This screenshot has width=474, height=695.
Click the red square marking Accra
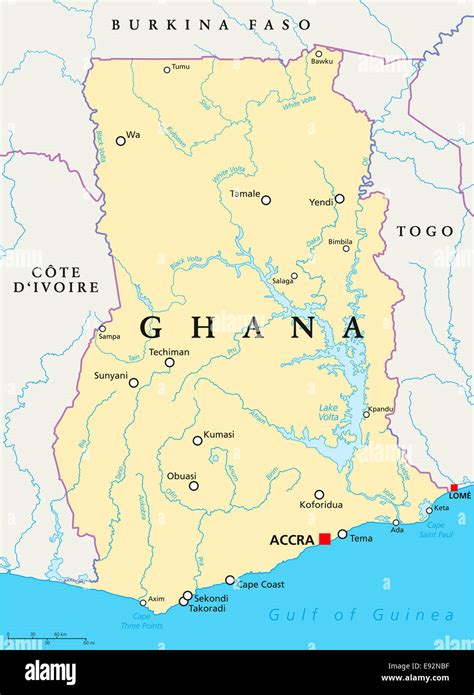pos(324,539)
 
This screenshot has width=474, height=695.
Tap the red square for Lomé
pos(454,488)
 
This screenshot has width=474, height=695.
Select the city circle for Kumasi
pos(198,440)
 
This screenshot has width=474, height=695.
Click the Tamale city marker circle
pos(266,200)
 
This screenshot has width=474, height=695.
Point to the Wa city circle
pos(121,141)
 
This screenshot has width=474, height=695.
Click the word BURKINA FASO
pos(211,23)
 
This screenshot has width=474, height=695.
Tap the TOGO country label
pos(425,231)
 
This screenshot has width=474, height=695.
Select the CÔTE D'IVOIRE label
pos(64,279)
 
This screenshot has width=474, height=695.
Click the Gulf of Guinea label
pos(361,615)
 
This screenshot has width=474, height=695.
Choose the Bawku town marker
pos(319,54)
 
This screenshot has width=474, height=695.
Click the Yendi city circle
pos(339,199)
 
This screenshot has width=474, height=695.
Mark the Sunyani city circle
pos(133,382)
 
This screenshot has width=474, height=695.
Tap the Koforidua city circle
pos(319,494)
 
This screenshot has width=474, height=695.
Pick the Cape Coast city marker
pos(230,580)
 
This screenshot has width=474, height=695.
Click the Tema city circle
pos(342,534)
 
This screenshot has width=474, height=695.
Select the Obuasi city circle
pos(193,486)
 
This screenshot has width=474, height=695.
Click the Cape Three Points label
pos(143,622)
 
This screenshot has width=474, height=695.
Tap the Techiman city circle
pos(169,362)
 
